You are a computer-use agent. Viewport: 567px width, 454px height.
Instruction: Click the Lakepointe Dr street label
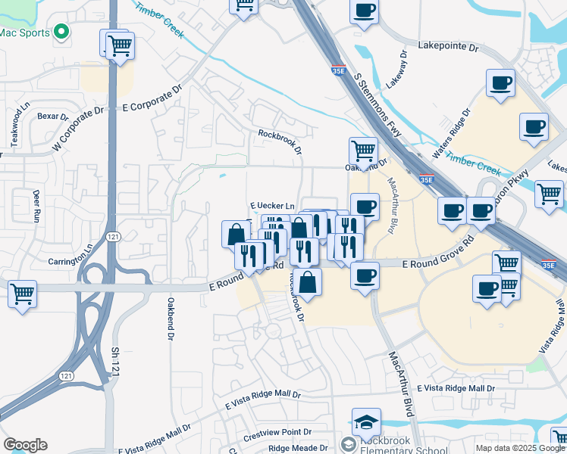449,47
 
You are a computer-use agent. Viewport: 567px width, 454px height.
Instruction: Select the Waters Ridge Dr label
452,129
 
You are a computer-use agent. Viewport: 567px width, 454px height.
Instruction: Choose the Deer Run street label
36,205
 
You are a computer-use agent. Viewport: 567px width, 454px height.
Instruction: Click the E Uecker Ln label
271,206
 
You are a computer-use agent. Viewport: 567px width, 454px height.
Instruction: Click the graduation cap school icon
366,421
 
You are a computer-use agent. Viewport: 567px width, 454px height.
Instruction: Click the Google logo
25,445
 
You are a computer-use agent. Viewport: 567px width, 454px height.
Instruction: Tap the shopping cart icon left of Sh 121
22,293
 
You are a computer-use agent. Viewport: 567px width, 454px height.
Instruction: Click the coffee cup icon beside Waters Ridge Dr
500,83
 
